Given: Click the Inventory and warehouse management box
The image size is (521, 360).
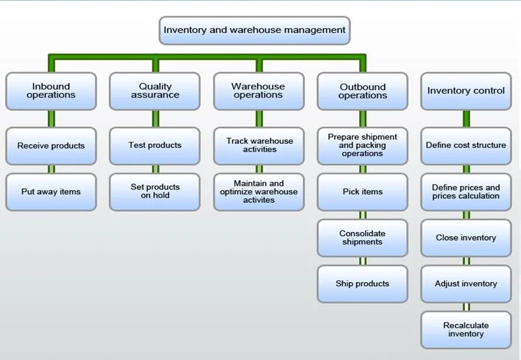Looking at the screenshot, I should click(x=255, y=30).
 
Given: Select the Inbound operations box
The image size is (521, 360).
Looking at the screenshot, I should click(x=51, y=91).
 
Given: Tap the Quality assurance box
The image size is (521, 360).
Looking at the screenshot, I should click(x=155, y=91).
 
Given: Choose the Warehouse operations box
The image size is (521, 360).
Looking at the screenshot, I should click(x=259, y=91).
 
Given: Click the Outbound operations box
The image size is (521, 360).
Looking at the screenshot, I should click(x=362, y=91).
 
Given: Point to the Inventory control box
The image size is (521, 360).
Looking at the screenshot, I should click(x=466, y=91).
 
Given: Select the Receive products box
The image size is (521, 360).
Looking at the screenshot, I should click(x=51, y=146).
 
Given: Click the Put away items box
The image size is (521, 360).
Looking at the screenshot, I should click(x=51, y=192).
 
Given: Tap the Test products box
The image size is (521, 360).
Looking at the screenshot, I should click(x=155, y=146).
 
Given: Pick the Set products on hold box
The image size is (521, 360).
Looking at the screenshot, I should click(x=155, y=192).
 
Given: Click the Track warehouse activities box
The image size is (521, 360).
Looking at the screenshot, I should click(x=259, y=146).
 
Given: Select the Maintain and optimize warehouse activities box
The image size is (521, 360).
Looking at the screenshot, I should click(x=259, y=192).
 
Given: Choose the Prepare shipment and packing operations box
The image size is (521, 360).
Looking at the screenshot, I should click(x=362, y=146).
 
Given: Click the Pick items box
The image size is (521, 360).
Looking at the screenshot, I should click(x=362, y=192).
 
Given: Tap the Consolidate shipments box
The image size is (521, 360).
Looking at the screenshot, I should click(x=362, y=238).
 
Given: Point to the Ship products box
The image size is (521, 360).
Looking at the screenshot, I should click(x=362, y=284).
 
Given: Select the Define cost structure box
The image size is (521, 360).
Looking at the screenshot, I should click(x=466, y=146).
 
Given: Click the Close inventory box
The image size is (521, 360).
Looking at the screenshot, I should click(x=466, y=238).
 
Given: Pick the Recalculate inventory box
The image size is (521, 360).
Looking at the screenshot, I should click(x=466, y=330).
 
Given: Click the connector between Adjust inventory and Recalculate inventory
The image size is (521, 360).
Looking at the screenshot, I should click(x=466, y=307).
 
